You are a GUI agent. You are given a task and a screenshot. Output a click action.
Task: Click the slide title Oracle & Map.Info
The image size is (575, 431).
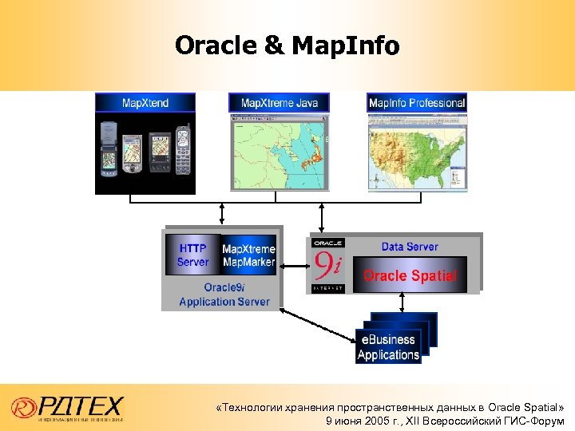287,45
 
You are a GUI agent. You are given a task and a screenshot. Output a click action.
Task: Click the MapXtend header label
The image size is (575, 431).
145,103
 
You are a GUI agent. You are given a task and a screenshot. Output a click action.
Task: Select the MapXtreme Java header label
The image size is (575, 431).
279,103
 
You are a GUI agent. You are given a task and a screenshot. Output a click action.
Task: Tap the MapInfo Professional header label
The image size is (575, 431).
416,103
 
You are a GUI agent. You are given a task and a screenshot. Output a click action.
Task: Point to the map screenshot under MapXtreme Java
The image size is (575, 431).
279,152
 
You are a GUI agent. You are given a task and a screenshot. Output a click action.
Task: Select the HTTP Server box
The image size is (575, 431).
192,255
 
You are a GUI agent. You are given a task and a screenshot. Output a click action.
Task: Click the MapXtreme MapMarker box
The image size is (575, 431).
248,255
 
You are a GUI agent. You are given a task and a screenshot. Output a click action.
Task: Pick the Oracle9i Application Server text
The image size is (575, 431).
224,295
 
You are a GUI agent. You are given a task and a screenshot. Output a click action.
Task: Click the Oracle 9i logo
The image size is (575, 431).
328,264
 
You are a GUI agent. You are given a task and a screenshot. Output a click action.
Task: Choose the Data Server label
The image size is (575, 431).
409,247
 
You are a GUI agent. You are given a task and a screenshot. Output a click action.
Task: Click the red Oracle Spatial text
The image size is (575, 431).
410,276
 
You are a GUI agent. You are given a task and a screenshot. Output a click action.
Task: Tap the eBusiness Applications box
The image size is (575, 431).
388,347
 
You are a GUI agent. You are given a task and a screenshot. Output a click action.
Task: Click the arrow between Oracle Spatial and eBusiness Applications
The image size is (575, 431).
402,302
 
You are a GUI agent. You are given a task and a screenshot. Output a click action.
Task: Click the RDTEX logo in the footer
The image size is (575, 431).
68,408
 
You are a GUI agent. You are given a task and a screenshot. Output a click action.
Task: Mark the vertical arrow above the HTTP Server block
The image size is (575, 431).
222,213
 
